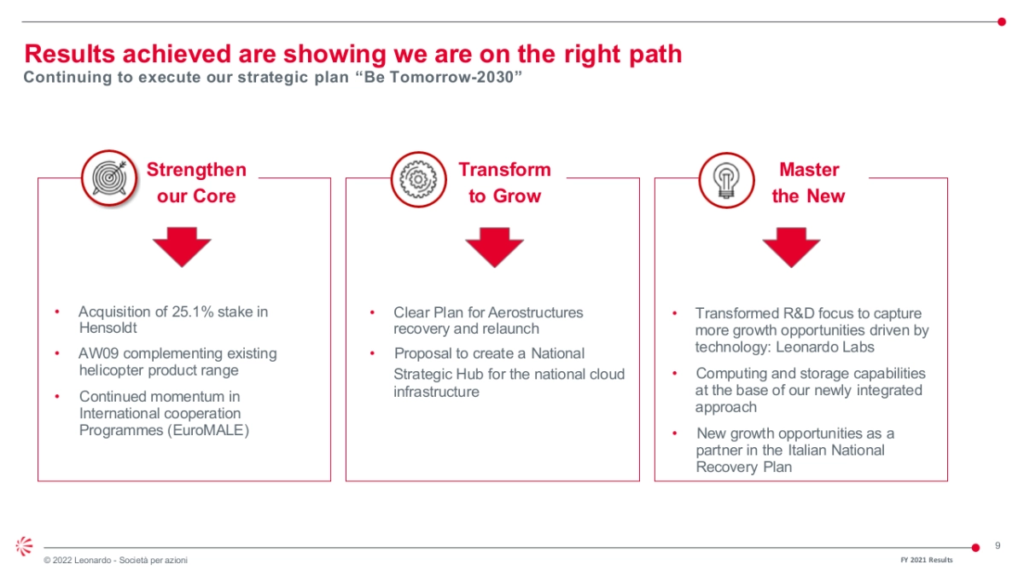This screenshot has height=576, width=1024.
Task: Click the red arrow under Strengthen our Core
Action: (182, 247)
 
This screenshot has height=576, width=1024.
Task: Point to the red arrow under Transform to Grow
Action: (494, 247)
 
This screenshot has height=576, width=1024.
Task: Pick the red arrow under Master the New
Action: (791, 247)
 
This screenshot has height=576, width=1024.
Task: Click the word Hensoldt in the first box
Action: (108, 329)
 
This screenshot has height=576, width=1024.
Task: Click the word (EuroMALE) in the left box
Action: (208, 430)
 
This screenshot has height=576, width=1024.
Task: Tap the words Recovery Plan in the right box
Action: (744, 467)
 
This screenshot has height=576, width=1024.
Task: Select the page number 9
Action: (998, 546)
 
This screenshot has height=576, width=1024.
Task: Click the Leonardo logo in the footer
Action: (25, 546)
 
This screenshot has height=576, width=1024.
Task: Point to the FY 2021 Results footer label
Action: (927, 560)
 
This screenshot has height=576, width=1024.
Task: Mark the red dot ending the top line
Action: (1002, 21)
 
